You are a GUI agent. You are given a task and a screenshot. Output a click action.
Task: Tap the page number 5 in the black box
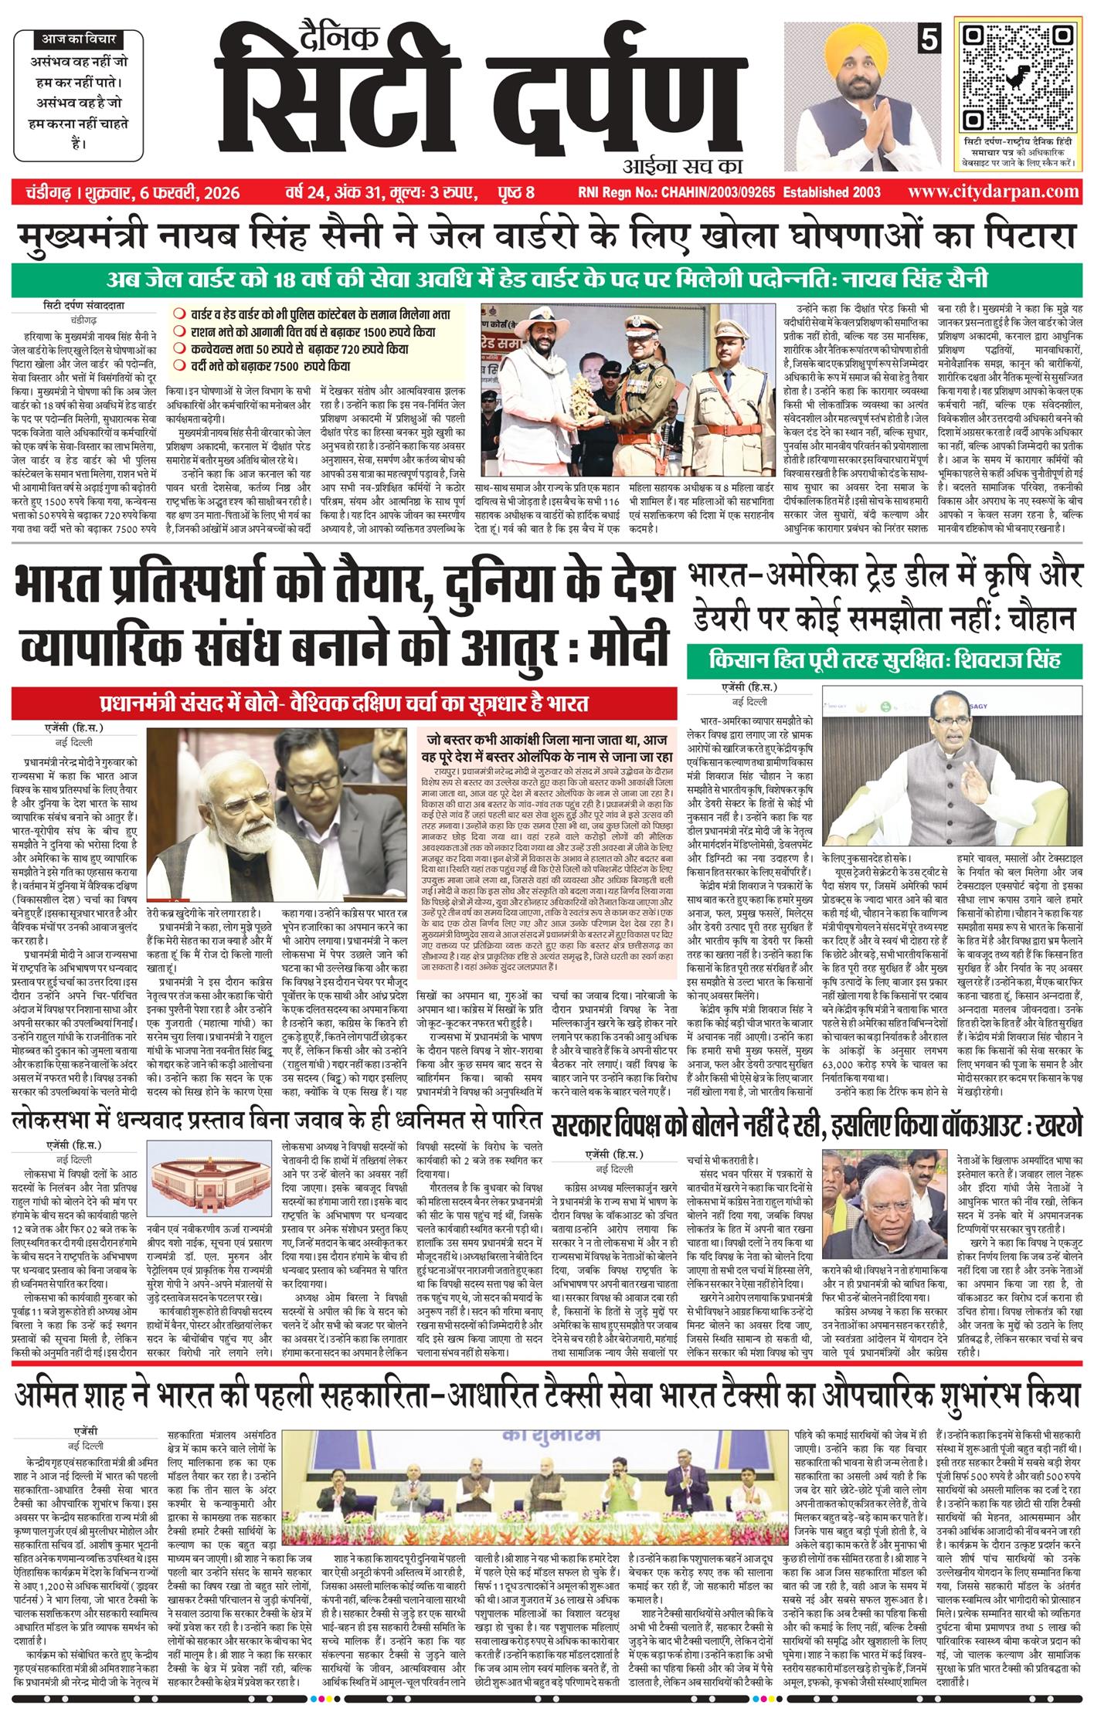pyautogui.click(x=926, y=38)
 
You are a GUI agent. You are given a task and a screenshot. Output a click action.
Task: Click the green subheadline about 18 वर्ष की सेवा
pyautogui.click(x=546, y=278)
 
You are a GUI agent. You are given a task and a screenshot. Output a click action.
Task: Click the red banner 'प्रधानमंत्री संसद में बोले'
pyautogui.click(x=344, y=704)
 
